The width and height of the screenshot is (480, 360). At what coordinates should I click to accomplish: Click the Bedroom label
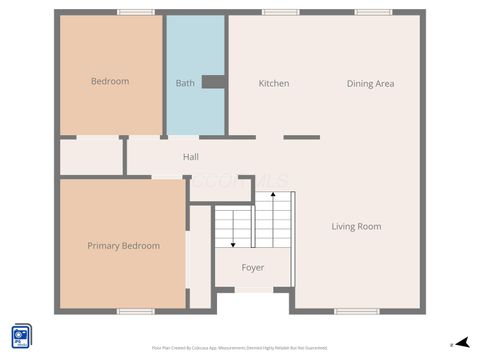click(110, 82)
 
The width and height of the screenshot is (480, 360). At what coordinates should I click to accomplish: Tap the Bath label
click(185, 83)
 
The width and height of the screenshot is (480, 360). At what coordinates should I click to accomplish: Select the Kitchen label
click(274, 83)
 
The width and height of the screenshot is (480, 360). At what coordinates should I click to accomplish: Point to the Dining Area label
click(370, 83)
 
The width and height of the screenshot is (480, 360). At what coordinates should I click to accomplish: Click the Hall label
click(191, 157)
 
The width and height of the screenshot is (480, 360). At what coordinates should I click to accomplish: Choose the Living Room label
click(356, 227)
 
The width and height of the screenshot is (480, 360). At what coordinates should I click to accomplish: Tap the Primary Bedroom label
click(123, 246)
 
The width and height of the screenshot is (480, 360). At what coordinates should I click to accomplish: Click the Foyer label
click(253, 267)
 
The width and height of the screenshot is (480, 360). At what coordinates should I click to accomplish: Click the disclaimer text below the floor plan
click(240, 347)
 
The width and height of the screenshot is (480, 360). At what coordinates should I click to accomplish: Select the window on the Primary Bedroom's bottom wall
click(135, 311)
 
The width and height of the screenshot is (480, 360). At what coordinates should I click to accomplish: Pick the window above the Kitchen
click(280, 12)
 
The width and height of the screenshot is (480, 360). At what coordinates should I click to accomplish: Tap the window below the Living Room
click(357, 311)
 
